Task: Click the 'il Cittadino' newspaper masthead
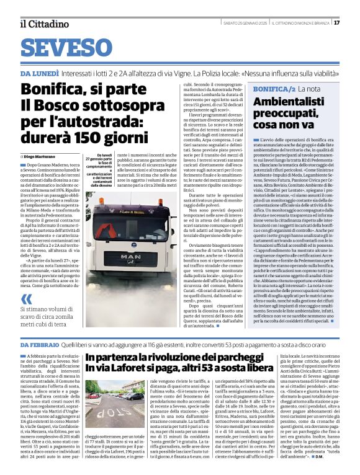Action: point(43,24)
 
